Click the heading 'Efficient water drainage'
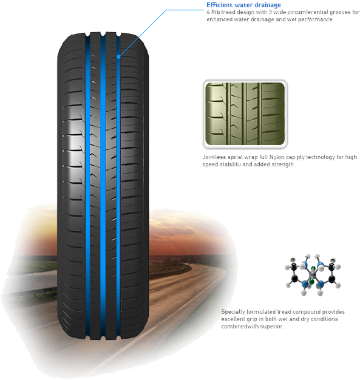pyautogui.click(x=243, y=5)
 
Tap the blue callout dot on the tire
pyautogui.click(x=118, y=56)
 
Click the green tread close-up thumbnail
pyautogui.click(x=245, y=114)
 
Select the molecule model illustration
pyautogui.click(x=313, y=275)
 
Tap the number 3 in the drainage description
pyautogui.click(x=270, y=12)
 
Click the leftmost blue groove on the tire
pyautogui.click(x=87, y=186)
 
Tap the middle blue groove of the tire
pyautogui.click(x=103, y=186)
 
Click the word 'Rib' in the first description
pyautogui.click(x=216, y=12)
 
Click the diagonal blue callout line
pyautogui.click(x=142, y=33)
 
